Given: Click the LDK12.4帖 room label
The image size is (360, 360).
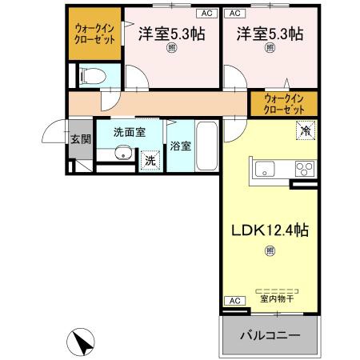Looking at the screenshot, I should [x=270, y=230].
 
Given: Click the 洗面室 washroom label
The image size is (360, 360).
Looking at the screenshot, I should [x=128, y=132].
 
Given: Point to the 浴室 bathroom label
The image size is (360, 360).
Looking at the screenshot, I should [x=180, y=146].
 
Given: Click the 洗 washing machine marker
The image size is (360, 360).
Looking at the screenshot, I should [x=150, y=160].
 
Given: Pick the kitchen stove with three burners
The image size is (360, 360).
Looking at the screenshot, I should [x=305, y=169].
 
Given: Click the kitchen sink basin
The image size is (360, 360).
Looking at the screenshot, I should [x=265, y=169].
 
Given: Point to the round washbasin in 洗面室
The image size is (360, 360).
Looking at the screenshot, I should [x=122, y=154].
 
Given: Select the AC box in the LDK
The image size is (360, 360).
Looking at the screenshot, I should [x=234, y=301].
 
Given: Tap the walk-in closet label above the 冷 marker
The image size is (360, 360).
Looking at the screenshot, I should [x=284, y=103].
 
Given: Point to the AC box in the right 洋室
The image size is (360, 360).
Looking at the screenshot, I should [x=234, y=14].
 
